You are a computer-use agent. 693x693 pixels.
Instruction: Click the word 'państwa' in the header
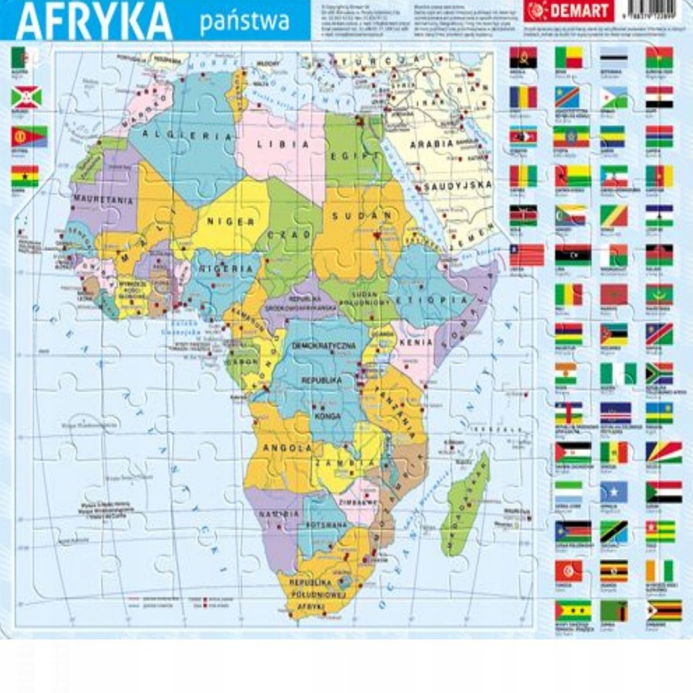point(244,22)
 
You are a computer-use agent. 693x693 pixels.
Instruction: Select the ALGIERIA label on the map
point(185,136)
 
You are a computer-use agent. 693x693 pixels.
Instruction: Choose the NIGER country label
point(230,221)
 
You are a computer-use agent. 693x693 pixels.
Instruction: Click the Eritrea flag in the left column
point(28,137)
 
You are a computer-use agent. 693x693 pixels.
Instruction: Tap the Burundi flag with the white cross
point(26,97)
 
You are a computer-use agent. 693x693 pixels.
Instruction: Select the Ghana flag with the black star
point(25,177)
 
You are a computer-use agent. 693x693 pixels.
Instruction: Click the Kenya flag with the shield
point(523,215)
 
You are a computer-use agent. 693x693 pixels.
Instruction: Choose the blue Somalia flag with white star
point(613,492)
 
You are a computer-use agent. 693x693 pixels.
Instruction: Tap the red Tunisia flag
point(568,571)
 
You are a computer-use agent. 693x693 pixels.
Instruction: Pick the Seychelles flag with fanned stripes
point(663,451)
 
